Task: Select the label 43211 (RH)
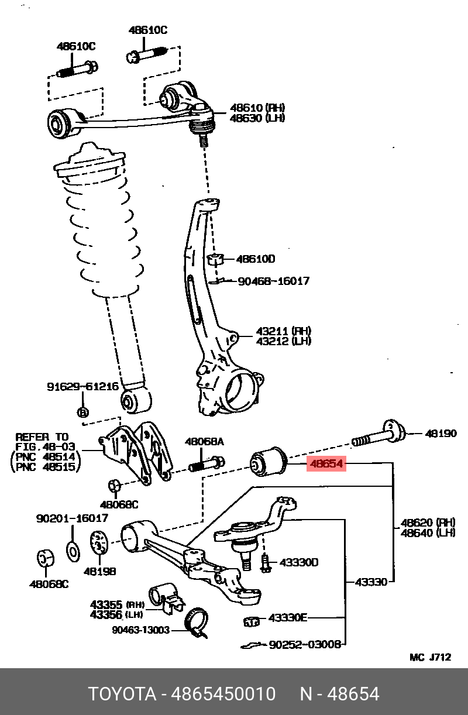pos(283,331)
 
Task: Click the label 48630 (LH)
pos(257,118)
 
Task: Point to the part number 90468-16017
pos(274,281)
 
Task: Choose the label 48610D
pos(255,259)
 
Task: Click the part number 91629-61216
pos(82,387)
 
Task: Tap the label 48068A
pos(204,442)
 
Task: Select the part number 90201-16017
pos(72,518)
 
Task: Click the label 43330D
pos(298,562)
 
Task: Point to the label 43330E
pos(288,618)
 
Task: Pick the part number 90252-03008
pos(305,644)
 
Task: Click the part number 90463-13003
pos(140,630)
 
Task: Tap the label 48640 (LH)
pos(428,532)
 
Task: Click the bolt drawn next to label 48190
pos(378,436)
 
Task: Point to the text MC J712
pos(430,657)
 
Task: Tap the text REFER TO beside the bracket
pos(42,437)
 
